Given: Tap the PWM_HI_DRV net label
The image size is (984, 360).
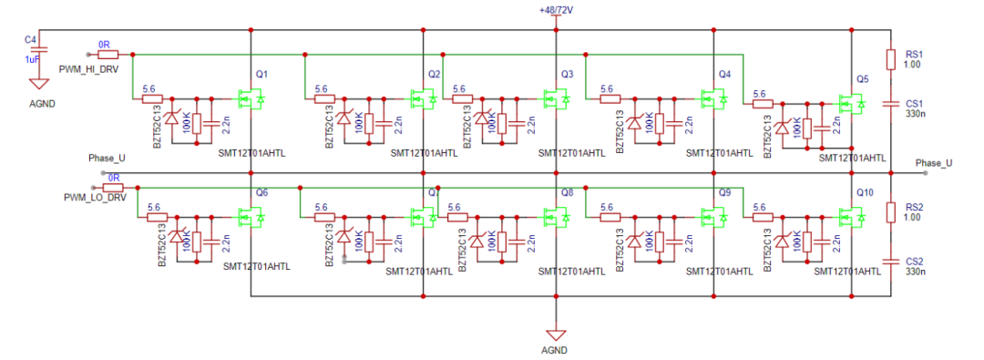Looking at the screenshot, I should (88, 69).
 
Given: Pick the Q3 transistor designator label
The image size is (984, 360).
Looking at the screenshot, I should (567, 74).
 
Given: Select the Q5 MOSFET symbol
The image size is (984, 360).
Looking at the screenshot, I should (849, 106).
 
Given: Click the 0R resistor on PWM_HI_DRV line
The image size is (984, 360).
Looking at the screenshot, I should (108, 54).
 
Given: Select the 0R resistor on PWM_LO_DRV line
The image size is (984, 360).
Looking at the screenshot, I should (114, 186).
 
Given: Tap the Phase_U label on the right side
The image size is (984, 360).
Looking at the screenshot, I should (933, 163).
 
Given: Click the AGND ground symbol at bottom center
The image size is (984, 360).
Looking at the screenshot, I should (554, 334).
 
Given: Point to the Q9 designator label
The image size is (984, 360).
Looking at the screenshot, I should (724, 193).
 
